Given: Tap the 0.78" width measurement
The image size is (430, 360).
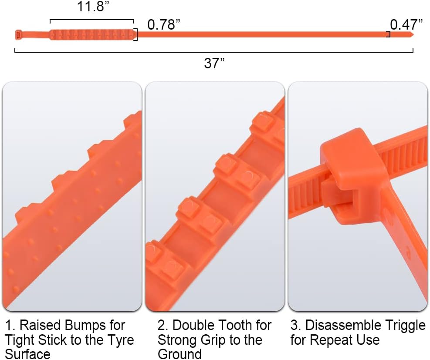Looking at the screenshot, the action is (x=164, y=25).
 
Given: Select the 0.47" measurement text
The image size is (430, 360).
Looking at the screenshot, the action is (x=406, y=25).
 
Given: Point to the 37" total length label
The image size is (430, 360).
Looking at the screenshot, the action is (x=214, y=63).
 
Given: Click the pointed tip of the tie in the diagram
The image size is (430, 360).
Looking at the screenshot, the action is (x=413, y=34).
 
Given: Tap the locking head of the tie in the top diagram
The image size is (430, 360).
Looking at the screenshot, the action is (x=18, y=35).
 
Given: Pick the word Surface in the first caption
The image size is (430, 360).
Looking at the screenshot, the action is (x=27, y=354).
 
